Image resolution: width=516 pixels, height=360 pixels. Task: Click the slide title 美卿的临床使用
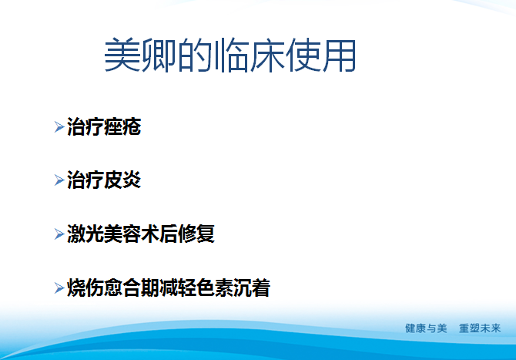click(x=230, y=56)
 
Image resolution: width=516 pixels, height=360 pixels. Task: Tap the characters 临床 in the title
click(x=253, y=56)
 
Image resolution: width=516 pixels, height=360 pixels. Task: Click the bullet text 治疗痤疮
click(x=104, y=126)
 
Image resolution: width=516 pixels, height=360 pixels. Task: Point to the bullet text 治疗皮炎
click(x=104, y=180)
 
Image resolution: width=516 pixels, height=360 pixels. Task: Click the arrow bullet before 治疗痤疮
click(x=59, y=127)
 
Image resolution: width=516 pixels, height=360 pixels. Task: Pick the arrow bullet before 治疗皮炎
click(x=59, y=181)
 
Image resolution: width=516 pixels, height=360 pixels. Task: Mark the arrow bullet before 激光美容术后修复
click(x=59, y=235)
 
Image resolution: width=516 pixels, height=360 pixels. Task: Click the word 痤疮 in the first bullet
click(x=122, y=126)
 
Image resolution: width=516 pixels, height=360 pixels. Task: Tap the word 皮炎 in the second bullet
click(x=122, y=180)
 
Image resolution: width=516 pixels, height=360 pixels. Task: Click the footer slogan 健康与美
click(x=426, y=328)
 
